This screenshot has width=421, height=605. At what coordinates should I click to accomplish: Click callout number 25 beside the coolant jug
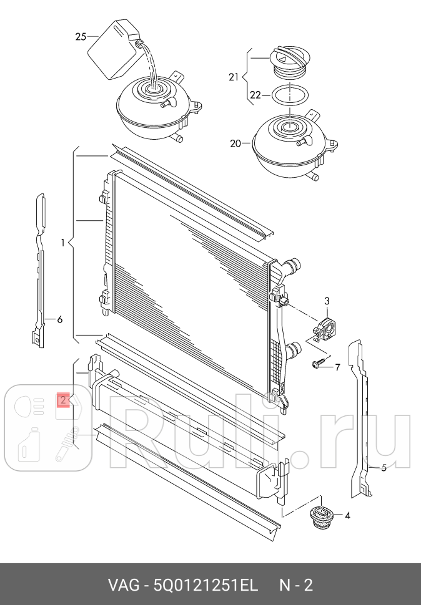pos(81,37)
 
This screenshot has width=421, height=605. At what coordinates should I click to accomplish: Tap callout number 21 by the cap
pos(234,77)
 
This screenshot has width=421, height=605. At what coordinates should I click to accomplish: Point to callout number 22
pos(255,95)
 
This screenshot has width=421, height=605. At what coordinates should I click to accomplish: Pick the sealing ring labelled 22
pos(291,95)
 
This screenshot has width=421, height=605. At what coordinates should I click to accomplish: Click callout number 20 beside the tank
pos(235,143)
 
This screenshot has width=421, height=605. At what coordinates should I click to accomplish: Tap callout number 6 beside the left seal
pos(60,320)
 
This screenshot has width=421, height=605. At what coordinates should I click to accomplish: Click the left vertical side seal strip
pos(39,268)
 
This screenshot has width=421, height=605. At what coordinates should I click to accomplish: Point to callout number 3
pos(326,302)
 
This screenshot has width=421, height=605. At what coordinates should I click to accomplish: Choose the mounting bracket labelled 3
pos(323,329)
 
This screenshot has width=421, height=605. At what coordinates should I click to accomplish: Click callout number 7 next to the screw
pos(337,367)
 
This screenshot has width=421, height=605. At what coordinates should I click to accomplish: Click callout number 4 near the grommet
pos(347,516)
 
